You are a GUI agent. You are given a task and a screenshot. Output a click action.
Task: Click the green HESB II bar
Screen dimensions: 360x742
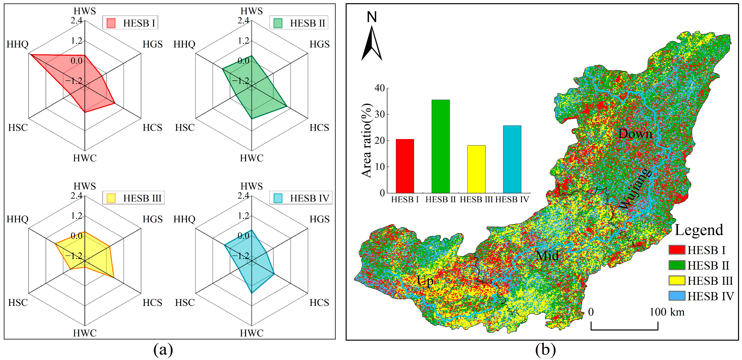tap(440, 146)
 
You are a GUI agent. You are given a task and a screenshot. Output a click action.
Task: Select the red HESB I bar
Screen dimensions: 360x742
tap(405, 166)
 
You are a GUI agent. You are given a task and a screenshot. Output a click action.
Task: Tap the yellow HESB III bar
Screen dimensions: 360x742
tap(476, 169)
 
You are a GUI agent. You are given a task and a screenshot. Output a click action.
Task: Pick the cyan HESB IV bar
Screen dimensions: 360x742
tap(512, 159)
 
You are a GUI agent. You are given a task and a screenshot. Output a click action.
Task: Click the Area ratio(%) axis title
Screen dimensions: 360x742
tap(367, 140)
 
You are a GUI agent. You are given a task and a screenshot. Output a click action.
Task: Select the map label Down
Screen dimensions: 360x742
tap(635, 134)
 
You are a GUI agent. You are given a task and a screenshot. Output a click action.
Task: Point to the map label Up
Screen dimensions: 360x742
tap(425, 281)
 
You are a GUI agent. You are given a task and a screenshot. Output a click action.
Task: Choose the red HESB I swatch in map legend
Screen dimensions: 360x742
tap(677, 250)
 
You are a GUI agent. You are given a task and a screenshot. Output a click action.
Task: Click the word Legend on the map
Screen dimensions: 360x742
tap(699, 230)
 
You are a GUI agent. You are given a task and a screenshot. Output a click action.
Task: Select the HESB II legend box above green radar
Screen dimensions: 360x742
tap(298, 23)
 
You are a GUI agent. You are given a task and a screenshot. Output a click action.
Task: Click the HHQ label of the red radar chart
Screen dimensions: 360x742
tap(17, 44)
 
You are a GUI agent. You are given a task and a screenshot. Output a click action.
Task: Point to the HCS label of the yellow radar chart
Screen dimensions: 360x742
tap(152, 302)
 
